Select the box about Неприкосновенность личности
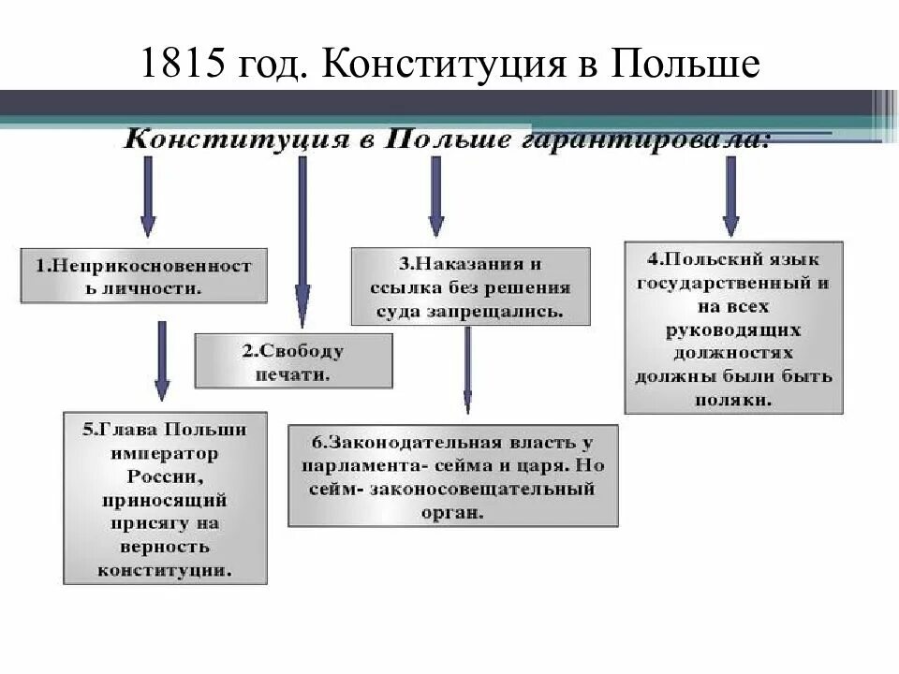[x=144, y=275]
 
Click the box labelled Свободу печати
[x=293, y=362]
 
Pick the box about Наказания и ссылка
[x=471, y=286]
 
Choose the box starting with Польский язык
[x=734, y=328]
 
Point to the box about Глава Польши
[x=165, y=498]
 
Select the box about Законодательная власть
[x=452, y=476]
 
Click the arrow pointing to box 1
[x=147, y=197]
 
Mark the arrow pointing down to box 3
[x=435, y=197]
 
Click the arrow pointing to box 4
[x=730, y=197]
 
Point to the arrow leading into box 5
[x=162, y=360]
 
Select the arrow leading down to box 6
[x=467, y=370]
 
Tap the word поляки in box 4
[x=734, y=398]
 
